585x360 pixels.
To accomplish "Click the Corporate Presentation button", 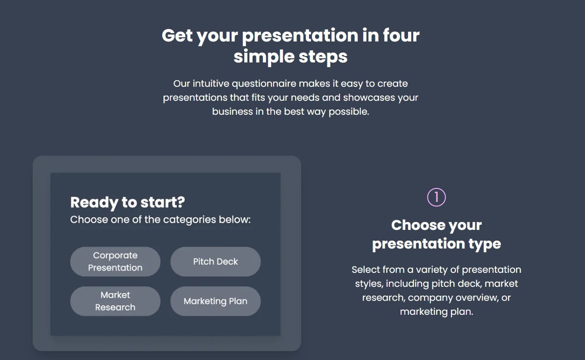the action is point(115,262).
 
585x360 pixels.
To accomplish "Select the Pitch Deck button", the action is point(215,262).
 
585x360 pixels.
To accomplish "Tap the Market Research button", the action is point(115,301).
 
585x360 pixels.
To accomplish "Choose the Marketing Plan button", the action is point(215,301).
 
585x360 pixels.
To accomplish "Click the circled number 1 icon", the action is point(436,197).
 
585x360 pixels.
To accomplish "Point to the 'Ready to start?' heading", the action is point(127,203).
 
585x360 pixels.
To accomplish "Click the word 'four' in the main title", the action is point(401,36).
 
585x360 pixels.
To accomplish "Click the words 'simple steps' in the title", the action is point(291,57).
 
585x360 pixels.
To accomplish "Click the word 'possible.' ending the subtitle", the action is point(349,112).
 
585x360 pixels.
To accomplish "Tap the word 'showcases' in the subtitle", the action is point(369,97).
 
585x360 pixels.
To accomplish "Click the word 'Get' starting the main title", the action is point(177,36).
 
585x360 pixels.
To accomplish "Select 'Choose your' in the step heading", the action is point(436,226).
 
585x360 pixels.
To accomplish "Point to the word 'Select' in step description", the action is point(366,270).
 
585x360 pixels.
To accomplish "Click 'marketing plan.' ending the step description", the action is point(436,312).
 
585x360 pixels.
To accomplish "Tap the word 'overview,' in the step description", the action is point(477,298).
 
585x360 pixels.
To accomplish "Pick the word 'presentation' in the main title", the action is point(300,36).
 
